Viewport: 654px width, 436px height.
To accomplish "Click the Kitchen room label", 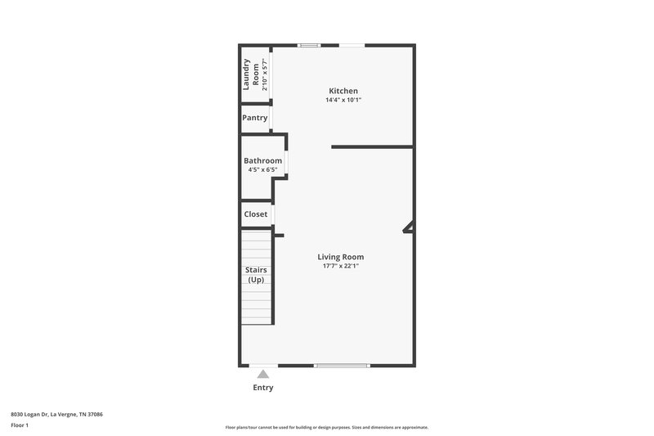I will (x=343, y=91).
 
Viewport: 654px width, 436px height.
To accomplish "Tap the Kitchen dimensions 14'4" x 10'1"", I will (x=343, y=100).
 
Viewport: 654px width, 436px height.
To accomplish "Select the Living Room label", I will (x=341, y=257).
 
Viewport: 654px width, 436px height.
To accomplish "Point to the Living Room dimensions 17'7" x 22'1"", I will (x=341, y=266).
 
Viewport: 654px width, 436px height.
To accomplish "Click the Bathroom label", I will (x=262, y=160).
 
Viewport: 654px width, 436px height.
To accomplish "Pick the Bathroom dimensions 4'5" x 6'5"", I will (x=262, y=170).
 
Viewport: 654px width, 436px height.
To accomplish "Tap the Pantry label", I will (x=254, y=118).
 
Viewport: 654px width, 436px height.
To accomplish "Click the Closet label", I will (x=256, y=214).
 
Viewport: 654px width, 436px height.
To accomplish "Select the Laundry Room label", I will (x=250, y=74).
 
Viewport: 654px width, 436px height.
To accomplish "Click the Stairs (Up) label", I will (x=256, y=275).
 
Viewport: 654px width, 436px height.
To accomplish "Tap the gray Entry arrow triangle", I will (x=262, y=374).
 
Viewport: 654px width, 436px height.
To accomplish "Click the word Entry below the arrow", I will (x=262, y=388).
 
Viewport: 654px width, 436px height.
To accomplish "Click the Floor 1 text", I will (x=20, y=425).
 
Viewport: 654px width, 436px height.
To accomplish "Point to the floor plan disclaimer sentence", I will (x=327, y=427).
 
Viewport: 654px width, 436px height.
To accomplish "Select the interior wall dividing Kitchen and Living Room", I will (x=372, y=147).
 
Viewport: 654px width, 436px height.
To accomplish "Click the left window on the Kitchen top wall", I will (x=309, y=45).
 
